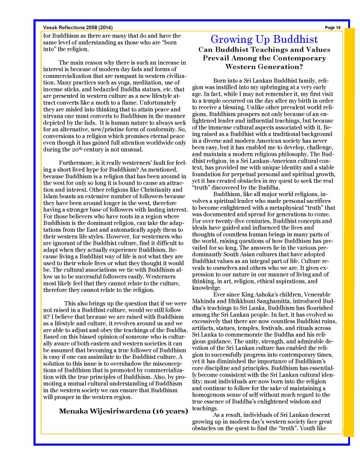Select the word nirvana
(x=54, y=116)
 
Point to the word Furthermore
(x=77, y=163)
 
